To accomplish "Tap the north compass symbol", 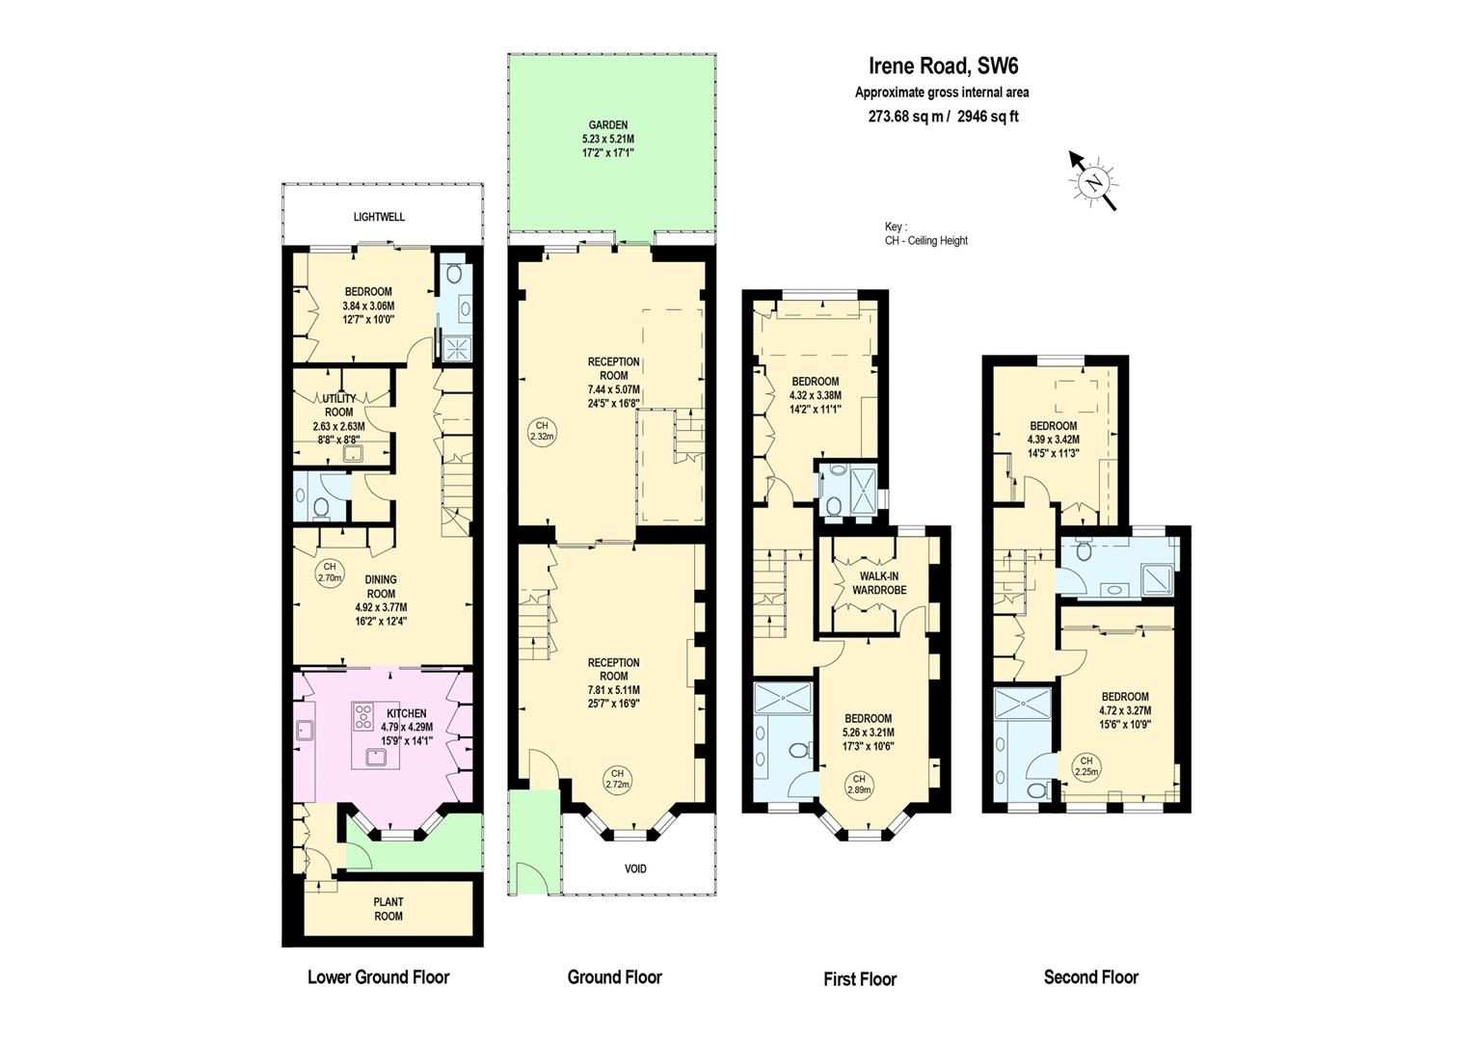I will (x=1093, y=181).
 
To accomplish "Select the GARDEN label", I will (x=608, y=125).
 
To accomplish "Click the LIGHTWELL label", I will (x=379, y=217).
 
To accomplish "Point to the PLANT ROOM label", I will (x=388, y=909).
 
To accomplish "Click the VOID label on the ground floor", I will (x=635, y=868).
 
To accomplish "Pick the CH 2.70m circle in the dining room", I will (x=330, y=573).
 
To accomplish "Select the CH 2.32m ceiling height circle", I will (x=542, y=431).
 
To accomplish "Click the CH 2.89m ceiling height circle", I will (x=858, y=785).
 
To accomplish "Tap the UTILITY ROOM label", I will (x=339, y=405).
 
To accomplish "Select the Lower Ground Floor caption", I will (x=378, y=976).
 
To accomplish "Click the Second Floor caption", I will (x=1090, y=976).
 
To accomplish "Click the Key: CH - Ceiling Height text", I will (x=925, y=233).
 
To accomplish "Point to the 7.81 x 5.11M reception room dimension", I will (x=613, y=689).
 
